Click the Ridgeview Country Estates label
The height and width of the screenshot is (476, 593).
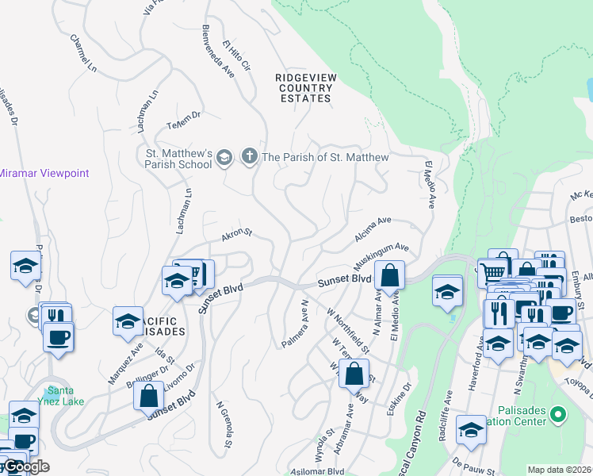point(302,87)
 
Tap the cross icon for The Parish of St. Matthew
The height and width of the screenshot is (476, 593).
point(249,156)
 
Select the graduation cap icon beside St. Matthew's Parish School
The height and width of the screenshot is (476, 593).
point(224,157)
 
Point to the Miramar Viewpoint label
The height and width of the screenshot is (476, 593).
point(44,173)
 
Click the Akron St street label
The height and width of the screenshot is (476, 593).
point(236,234)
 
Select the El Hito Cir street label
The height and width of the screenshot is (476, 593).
point(237,59)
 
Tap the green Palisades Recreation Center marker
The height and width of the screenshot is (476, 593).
point(557,414)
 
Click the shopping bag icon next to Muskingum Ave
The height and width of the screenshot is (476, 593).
point(390,276)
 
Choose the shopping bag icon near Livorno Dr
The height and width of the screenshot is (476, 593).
point(148,395)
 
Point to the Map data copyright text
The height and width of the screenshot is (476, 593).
point(560,470)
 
